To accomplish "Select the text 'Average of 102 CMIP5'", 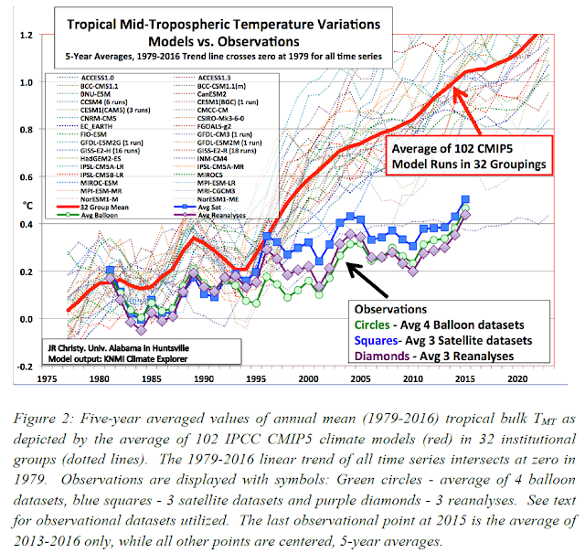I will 453,149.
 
